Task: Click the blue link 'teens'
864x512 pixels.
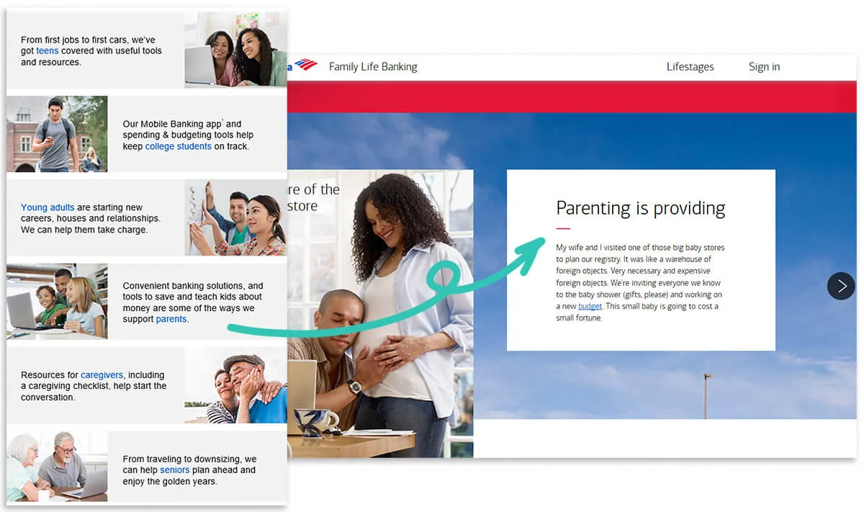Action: tap(47, 51)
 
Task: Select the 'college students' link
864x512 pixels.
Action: tap(178, 146)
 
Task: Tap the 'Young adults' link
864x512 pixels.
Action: tap(48, 207)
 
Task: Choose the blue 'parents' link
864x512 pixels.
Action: tap(171, 319)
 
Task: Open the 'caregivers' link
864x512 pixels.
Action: tap(102, 374)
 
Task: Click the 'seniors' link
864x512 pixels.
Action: tap(175, 470)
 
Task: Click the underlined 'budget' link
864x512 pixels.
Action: tap(590, 306)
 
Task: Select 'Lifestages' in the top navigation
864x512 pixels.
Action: tap(690, 67)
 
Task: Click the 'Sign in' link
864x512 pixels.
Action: tap(764, 67)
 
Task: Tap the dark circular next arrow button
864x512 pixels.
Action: tap(841, 286)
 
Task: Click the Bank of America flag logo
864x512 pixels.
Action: tap(305, 66)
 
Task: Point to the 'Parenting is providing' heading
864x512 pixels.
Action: tap(640, 208)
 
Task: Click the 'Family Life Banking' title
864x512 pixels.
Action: tap(373, 67)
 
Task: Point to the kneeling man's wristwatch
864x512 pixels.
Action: tap(354, 387)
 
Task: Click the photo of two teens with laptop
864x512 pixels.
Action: tap(235, 49)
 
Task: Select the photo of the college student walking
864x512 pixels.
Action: tap(57, 134)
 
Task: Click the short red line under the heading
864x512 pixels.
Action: tap(563, 228)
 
